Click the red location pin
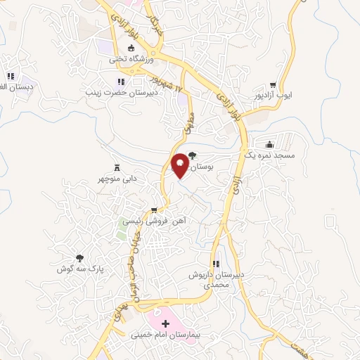pos(180,165)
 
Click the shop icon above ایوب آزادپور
pos(283,83)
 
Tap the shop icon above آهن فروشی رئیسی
pos(154,210)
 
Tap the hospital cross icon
pos(166,324)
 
